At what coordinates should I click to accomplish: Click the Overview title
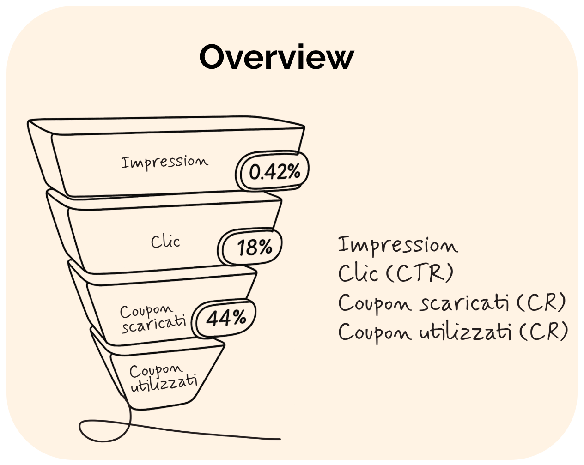[276, 57]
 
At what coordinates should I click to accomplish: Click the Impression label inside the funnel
[164, 162]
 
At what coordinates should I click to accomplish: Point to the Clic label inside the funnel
[165, 242]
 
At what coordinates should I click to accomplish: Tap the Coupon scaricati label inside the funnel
[153, 318]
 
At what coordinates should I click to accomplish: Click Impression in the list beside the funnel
[397, 245]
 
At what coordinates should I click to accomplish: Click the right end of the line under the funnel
[279, 438]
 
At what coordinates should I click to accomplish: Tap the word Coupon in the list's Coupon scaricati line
[375, 304]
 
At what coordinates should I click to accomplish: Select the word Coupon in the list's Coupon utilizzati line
[375, 332]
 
